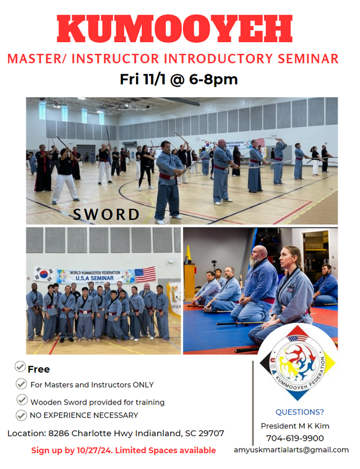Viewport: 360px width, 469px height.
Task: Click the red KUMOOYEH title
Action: point(175,29)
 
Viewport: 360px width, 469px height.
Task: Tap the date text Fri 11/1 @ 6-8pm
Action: point(179,80)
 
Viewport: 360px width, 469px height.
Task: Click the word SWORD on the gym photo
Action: point(106,215)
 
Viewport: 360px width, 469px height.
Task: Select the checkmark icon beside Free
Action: point(20,366)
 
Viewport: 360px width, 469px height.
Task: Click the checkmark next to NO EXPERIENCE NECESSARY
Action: point(21,415)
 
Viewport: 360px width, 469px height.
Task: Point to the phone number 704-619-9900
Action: point(295,438)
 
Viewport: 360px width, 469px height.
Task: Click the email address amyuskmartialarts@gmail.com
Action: point(291,450)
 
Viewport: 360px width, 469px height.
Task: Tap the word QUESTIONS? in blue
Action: point(300,412)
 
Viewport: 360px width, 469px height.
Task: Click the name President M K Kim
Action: point(295,426)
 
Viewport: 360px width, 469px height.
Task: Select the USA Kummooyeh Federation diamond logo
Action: point(297,363)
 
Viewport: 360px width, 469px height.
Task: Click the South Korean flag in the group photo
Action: point(45,274)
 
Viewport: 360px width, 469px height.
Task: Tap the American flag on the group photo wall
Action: point(145,274)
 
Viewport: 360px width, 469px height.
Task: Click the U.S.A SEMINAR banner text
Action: point(94,278)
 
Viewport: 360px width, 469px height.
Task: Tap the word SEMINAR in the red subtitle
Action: point(308,59)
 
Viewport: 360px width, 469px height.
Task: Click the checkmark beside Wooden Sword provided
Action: point(22,399)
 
